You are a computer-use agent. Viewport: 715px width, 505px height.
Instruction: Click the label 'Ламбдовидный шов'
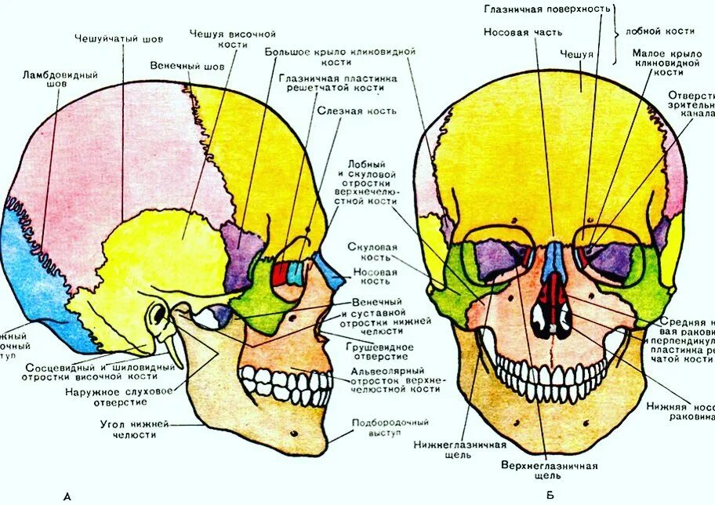pos(60,80)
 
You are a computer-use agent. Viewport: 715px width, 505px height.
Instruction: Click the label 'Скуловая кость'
pos(369,252)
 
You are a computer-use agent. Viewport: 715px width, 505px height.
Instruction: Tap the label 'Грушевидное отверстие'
pos(376,352)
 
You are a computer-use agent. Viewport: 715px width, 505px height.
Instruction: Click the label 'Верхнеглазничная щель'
pos(549,470)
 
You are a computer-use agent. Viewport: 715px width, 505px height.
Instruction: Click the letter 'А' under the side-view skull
pos(67,496)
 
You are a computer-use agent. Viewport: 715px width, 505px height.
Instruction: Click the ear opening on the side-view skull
pos(159,317)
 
